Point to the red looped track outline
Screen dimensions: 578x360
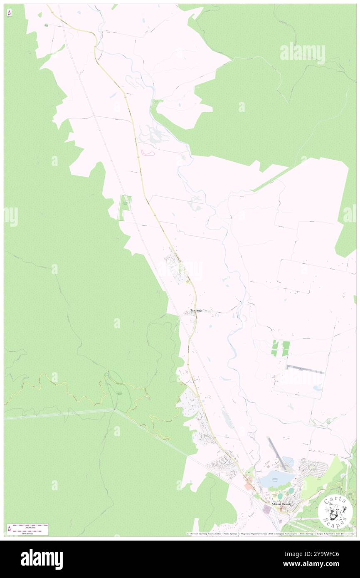(148, 153)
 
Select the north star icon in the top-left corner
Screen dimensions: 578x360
(9, 13)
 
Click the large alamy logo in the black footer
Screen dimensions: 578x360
(42, 559)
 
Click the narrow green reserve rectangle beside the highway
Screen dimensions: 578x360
(125, 207)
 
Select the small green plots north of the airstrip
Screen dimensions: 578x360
(280, 348)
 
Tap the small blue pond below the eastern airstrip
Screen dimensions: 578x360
(318, 388)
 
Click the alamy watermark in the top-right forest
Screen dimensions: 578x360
(302, 53)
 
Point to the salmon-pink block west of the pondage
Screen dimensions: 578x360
(249, 486)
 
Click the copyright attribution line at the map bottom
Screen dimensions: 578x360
(270, 534)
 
